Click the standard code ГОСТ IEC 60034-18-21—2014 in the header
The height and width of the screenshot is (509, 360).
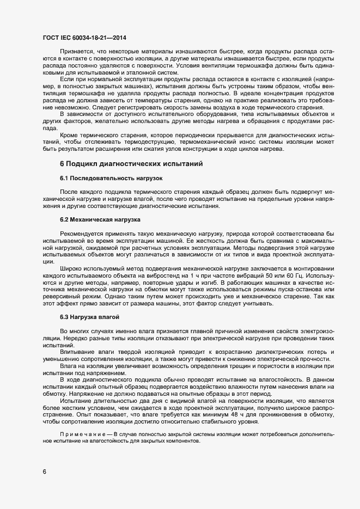(84, 38)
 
